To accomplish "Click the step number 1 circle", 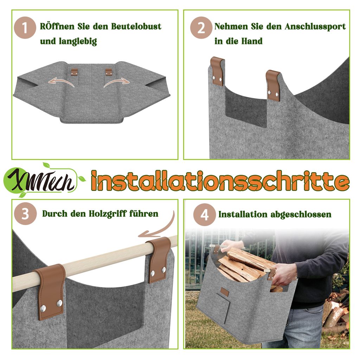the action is tap(25, 28).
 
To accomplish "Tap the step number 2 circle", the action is tap(201, 28).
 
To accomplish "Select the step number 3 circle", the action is tap(25, 213).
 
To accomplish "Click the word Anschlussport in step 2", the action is tap(315, 27).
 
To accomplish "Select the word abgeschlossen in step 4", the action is tap(301, 214).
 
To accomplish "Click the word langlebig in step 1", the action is tap(78, 41).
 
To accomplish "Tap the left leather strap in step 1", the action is tap(74, 72).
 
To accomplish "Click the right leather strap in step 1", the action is tap(109, 72).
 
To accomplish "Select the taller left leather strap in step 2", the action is tap(217, 71).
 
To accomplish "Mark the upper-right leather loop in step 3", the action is tap(159, 259).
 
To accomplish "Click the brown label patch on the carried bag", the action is tap(225, 292).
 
